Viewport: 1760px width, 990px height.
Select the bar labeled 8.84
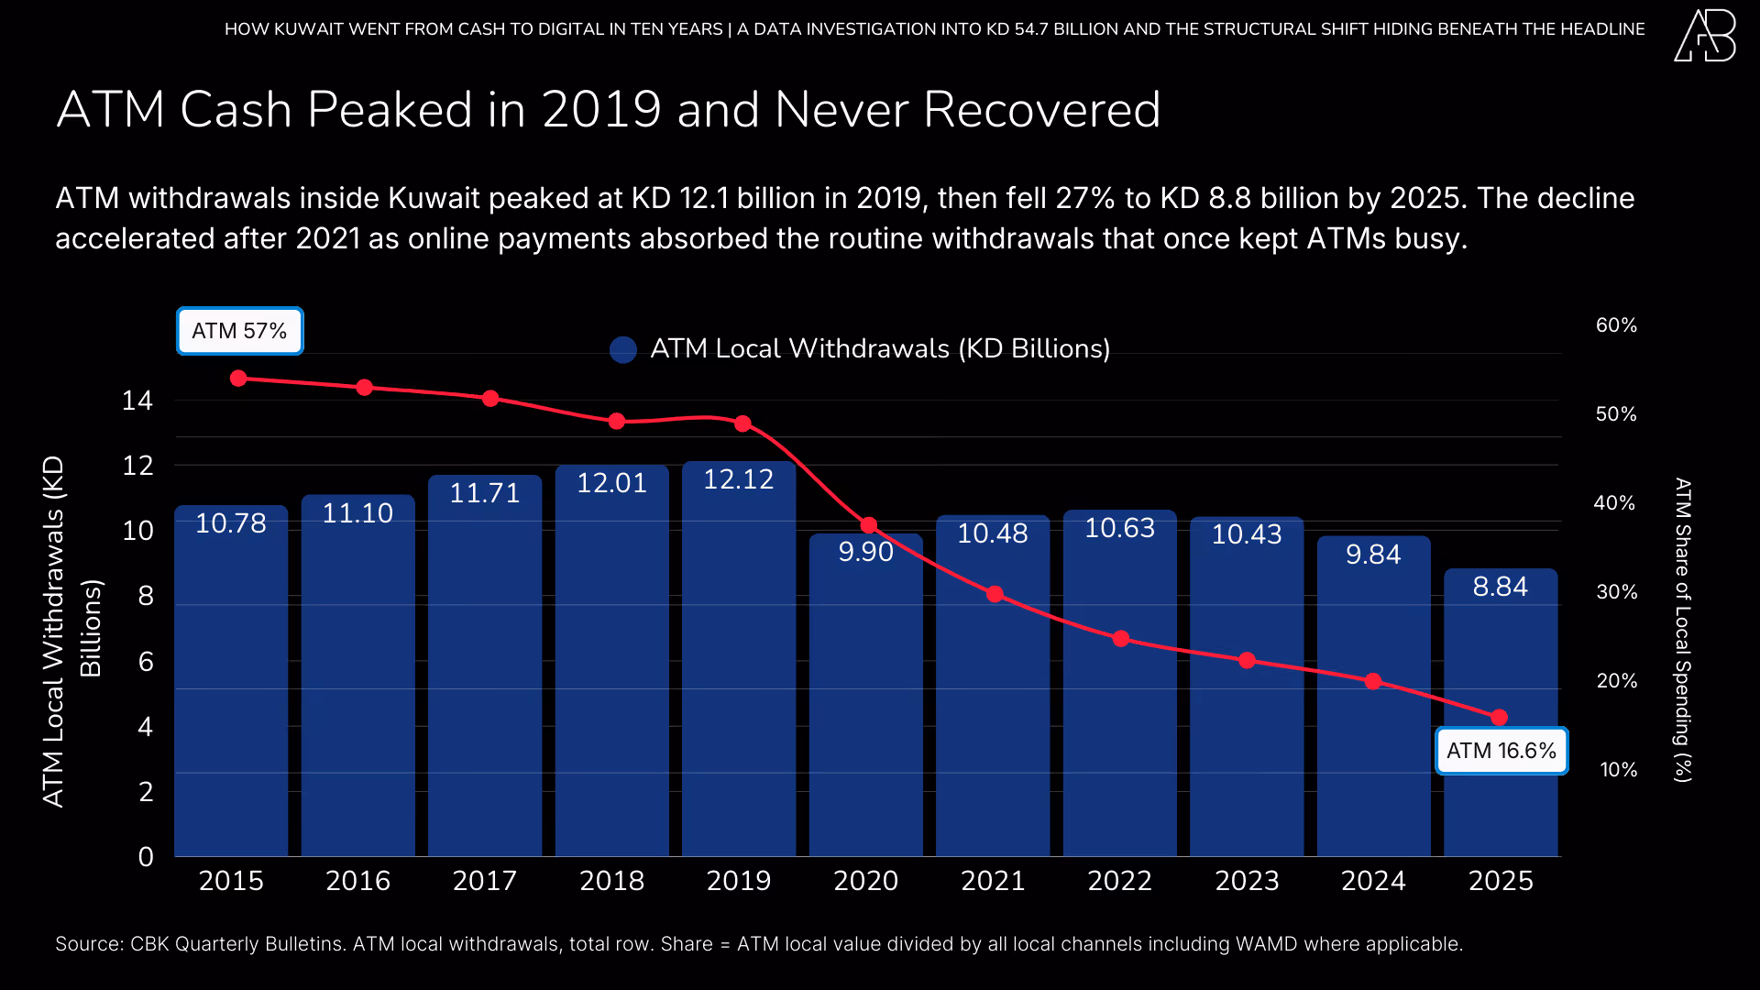click(1501, 715)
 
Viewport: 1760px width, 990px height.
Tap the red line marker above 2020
click(869, 525)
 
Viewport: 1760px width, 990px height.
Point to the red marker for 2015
click(238, 378)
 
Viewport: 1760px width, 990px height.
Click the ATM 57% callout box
click(239, 331)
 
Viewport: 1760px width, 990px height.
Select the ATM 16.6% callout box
click(1501, 751)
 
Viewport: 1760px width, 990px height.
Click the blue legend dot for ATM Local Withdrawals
click(623, 349)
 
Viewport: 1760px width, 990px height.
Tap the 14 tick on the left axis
click(137, 401)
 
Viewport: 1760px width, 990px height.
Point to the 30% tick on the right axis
click(1616, 592)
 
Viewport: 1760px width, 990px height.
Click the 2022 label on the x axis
click(1119, 881)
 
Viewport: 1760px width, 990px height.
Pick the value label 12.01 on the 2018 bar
click(611, 483)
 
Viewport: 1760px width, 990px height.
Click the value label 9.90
click(865, 552)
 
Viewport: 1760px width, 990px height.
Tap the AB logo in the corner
click(1705, 37)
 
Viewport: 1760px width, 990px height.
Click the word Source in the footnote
click(88, 944)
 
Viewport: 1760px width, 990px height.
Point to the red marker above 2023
click(1247, 660)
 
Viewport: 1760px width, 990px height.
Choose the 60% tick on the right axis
click(1616, 325)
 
